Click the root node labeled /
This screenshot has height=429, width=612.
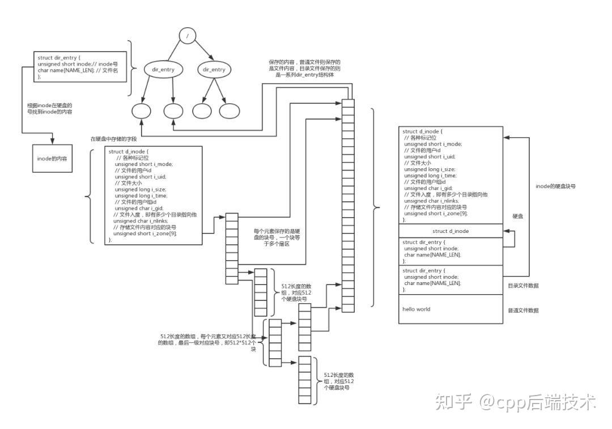tap(187, 37)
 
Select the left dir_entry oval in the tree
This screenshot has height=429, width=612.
tap(163, 70)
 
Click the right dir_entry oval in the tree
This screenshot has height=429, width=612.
tap(213, 70)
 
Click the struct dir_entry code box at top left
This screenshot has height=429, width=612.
tap(79, 66)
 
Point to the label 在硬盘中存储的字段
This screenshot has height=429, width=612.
tap(113, 139)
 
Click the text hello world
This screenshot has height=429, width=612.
tap(416, 309)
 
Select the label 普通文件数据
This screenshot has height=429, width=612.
tap(523, 311)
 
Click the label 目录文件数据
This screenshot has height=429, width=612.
tap(523, 286)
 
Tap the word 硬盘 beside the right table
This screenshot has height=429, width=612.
tap(518, 216)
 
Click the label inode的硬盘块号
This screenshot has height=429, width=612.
tap(556, 186)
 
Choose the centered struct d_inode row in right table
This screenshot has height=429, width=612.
tap(450, 231)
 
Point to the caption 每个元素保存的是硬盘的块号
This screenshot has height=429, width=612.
tap(275, 238)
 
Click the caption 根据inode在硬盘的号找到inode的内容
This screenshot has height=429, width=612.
tap(50, 109)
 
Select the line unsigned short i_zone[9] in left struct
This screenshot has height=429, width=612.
tap(145, 233)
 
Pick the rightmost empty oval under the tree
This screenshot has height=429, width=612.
tap(229, 111)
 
